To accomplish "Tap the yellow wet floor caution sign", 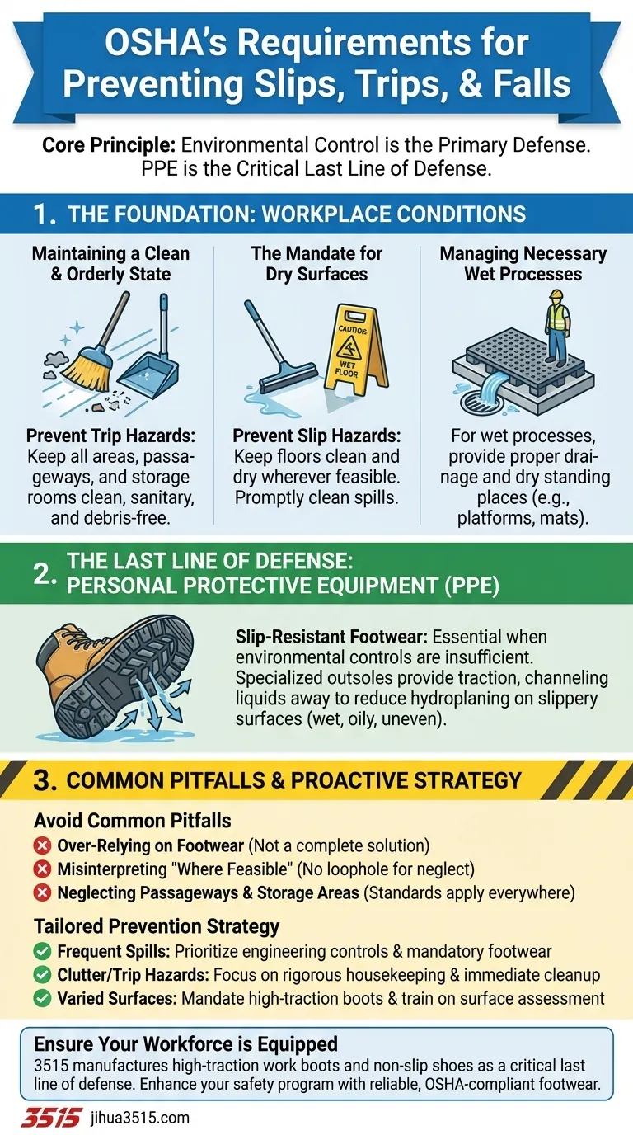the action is pos(356,350).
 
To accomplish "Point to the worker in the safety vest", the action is pos(557,327).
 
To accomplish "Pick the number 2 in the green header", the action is pos(45,574).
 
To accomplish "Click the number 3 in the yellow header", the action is pos(45,780).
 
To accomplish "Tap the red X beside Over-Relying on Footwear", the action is pos(42,845).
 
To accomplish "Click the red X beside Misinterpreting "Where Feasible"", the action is pos(42,869).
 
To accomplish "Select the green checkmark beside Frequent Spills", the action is pos(42,952).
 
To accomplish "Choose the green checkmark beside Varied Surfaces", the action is pos(42,998).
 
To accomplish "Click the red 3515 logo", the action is pos(51,1117).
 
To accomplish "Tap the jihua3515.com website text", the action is pos(140,1118).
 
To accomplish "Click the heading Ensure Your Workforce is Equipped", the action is pos(185,1043).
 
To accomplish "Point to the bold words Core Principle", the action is pos(109,145).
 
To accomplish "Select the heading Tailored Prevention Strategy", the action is pos(157,926).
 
